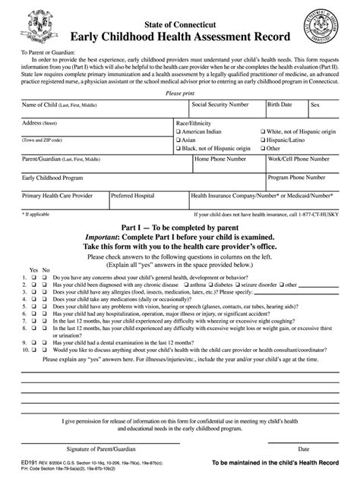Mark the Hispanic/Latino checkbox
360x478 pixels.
pyautogui.click(x=261, y=140)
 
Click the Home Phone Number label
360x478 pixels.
pyautogui.click(x=220, y=159)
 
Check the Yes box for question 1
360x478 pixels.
pyautogui.click(x=33, y=278)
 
